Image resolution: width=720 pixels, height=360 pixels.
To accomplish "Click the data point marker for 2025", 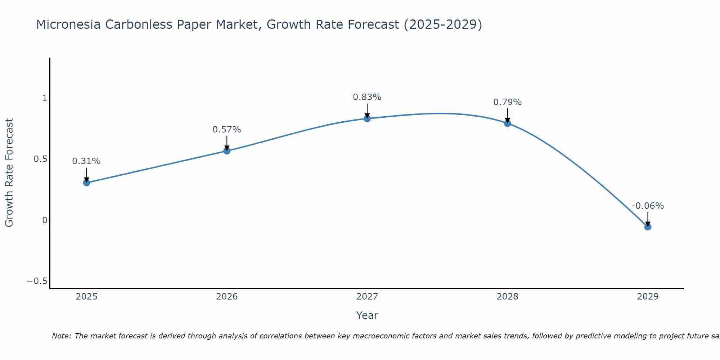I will point(86,183).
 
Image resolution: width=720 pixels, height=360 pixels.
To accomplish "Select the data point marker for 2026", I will point(227,151).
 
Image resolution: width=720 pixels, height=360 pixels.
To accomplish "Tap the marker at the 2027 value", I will point(367,118).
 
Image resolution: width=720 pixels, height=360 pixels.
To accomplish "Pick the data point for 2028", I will point(508,123).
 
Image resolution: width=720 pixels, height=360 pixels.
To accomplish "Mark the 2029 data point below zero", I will point(648,227).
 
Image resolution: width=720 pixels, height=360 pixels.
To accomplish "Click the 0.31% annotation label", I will point(86,161).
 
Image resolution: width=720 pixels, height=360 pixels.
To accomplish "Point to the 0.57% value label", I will point(227,130).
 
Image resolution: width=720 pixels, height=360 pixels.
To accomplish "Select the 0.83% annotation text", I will point(367,97).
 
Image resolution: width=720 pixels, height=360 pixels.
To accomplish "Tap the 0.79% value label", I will point(508,102).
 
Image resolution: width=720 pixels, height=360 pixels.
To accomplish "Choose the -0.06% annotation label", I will point(648,206).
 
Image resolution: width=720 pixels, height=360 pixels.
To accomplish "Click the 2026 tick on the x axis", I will point(227,297).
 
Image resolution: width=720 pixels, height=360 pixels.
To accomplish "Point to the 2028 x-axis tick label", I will point(508,297).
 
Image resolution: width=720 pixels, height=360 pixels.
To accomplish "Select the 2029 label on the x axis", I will point(648,297).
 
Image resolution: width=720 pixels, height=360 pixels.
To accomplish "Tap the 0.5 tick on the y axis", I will point(41,159).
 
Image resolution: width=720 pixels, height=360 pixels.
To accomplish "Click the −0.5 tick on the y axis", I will point(37,281).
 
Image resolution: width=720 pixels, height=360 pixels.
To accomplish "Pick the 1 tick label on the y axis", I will point(45,98).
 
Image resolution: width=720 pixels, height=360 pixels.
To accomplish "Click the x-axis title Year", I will point(367,316).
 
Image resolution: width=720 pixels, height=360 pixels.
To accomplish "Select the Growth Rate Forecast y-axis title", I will point(9,172).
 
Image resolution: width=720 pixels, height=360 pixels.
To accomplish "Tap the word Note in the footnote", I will point(62,336).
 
